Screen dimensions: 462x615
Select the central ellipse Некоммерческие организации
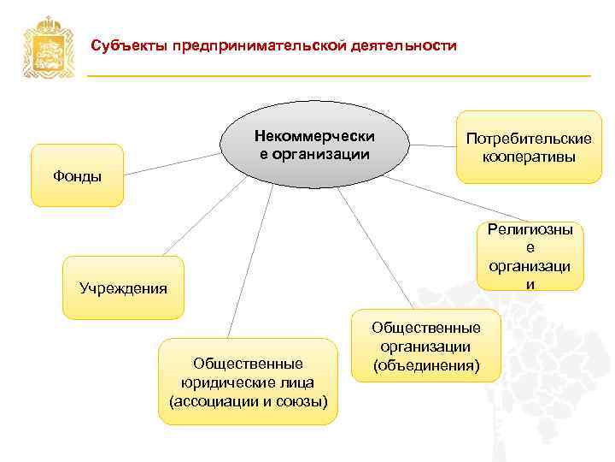(315, 145)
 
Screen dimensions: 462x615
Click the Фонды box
(77, 176)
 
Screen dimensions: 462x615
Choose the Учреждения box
(123, 287)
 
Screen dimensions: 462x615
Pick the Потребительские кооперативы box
(528, 146)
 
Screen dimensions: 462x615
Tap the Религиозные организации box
(530, 255)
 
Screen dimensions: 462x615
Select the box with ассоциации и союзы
(248, 382)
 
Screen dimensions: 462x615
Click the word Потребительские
(528, 139)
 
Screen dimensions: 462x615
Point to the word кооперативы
(528, 157)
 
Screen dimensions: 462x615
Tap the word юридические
(248, 382)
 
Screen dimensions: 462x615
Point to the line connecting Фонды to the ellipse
(171, 164)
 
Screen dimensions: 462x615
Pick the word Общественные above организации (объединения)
(426, 328)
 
